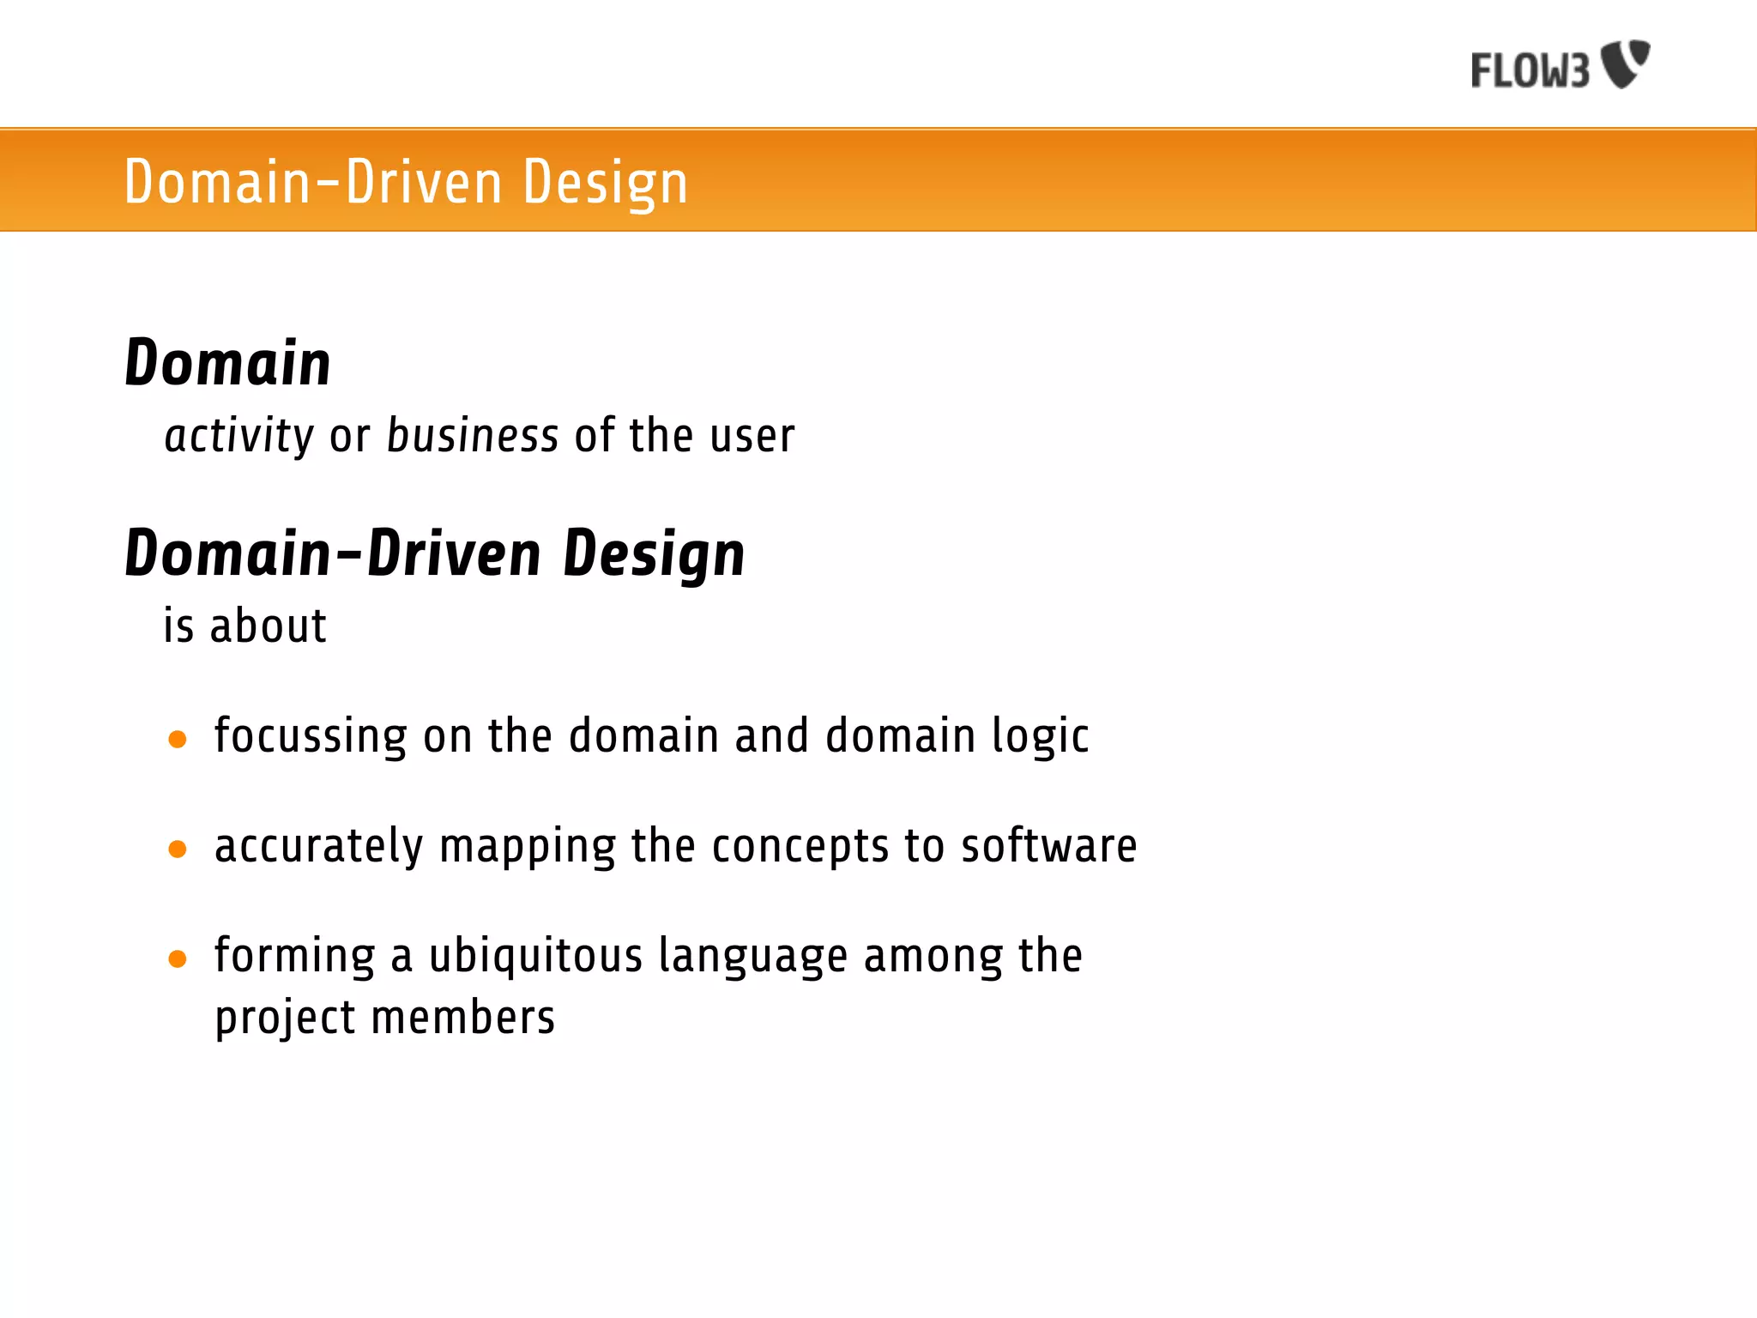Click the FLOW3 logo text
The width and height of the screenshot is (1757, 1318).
pyautogui.click(x=1530, y=70)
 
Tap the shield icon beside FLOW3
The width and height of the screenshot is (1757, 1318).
pyautogui.click(x=1626, y=63)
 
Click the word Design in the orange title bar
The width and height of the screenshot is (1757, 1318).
pyautogui.click(x=605, y=183)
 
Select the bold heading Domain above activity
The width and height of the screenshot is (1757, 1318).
pyautogui.click(x=227, y=363)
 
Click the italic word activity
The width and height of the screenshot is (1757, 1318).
pyautogui.click(x=239, y=436)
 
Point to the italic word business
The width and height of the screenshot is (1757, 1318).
pyautogui.click(x=473, y=435)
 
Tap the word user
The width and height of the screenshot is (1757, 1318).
pyautogui.click(x=752, y=436)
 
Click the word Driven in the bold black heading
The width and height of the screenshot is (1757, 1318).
pyautogui.click(x=454, y=553)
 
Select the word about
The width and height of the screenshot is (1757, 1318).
pyautogui.click(x=269, y=626)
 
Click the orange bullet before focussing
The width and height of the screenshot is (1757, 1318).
pyautogui.click(x=178, y=739)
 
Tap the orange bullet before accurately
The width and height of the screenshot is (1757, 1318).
pyautogui.click(x=178, y=849)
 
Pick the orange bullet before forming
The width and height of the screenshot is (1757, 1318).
pyautogui.click(x=178, y=958)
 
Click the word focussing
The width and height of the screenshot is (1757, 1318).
pyautogui.click(x=311, y=736)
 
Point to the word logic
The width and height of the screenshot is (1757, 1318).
pyautogui.click(x=1040, y=736)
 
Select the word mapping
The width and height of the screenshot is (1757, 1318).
pyautogui.click(x=527, y=847)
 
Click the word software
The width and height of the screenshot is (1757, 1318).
pyautogui.click(x=1048, y=846)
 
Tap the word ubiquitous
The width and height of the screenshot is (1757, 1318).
pyautogui.click(x=535, y=956)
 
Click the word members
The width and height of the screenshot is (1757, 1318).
pyautogui.click(x=463, y=1018)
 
